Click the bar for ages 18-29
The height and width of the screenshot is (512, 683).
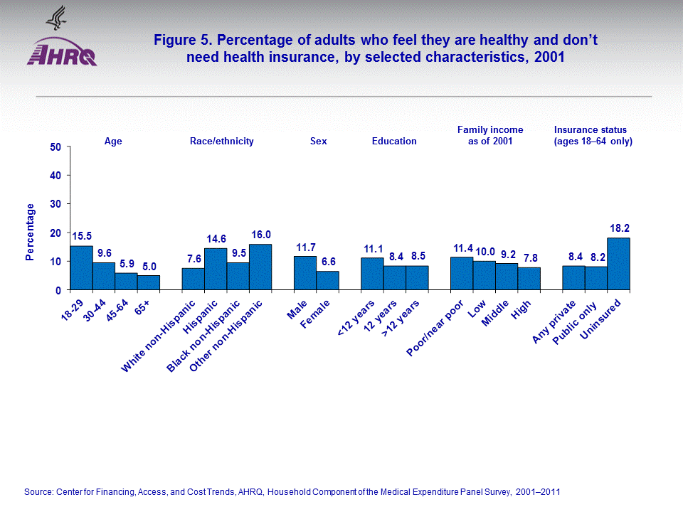pyautogui.click(x=81, y=268)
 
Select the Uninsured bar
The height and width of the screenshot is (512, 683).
pyautogui.click(x=618, y=264)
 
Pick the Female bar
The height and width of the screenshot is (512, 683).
pyautogui.click(x=328, y=280)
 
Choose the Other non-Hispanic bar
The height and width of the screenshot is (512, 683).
pyautogui.click(x=260, y=267)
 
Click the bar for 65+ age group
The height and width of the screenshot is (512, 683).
pyautogui.click(x=149, y=282)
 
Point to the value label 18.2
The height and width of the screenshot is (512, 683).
pyautogui.click(x=618, y=228)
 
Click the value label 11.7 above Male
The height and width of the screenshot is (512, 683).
pyautogui.click(x=305, y=247)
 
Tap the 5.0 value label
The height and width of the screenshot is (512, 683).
pyautogui.click(x=149, y=267)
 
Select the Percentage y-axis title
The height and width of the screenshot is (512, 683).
pyautogui.click(x=30, y=232)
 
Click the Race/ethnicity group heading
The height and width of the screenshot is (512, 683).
pyautogui.click(x=221, y=142)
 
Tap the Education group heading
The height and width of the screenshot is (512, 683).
pyautogui.click(x=394, y=142)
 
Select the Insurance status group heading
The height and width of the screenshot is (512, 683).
pyautogui.click(x=593, y=135)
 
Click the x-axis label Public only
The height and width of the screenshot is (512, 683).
pyautogui.click(x=575, y=321)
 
